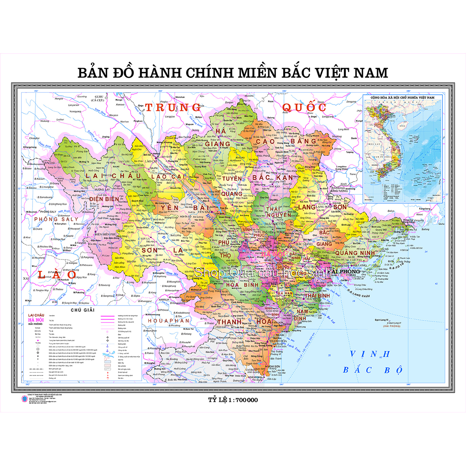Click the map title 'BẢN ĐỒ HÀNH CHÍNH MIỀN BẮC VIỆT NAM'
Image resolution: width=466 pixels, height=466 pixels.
coord(233,73)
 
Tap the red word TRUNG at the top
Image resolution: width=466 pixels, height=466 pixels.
coord(173,108)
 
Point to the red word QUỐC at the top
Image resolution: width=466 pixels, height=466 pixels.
coord(304,108)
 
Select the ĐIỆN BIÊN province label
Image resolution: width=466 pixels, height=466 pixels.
coord(104,199)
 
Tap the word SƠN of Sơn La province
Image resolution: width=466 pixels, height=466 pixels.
coord(149,250)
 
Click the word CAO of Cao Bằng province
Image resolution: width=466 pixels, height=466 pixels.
coord(265,141)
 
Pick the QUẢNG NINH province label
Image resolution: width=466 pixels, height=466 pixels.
coord(355,253)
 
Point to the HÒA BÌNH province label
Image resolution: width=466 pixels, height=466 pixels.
coord(242,285)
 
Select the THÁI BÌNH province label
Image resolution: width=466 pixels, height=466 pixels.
coord(317,296)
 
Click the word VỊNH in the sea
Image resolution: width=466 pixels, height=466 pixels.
coord(370,354)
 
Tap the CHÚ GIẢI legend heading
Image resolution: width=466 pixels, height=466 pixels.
coord(82,310)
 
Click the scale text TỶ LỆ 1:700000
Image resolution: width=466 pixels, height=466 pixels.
coord(233,400)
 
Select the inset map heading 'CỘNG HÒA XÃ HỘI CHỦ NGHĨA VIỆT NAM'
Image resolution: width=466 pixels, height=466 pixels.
coord(402,98)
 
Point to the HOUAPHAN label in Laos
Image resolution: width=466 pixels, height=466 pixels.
coord(168,321)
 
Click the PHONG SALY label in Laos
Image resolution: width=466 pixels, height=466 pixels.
coord(56,219)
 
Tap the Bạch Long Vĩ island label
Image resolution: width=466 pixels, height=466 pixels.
coord(382,320)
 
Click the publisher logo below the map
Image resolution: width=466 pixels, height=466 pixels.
coord(24,399)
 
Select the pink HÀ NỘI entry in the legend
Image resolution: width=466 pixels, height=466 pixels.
coord(36,320)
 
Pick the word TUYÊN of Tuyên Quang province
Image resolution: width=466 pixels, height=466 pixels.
coord(232,178)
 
